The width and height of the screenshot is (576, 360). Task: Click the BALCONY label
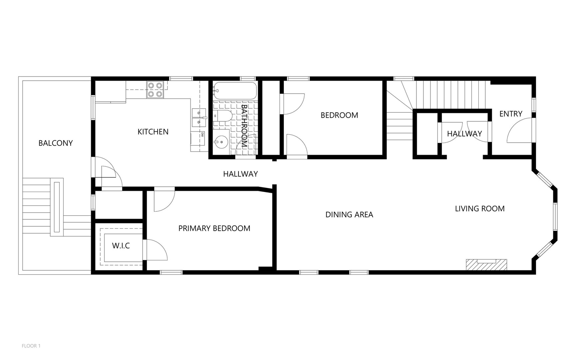(x=56, y=143)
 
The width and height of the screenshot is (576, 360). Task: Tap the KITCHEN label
(x=153, y=132)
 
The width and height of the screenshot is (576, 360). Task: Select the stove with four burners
(x=155, y=90)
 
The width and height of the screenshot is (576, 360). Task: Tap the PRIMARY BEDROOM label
(x=214, y=228)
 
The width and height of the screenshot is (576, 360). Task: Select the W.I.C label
(x=121, y=246)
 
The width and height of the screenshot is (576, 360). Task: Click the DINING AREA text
(x=349, y=215)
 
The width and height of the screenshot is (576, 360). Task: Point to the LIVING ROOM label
(x=480, y=209)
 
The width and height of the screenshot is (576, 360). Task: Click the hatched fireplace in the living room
(x=486, y=265)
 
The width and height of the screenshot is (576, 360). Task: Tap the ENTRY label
(x=511, y=114)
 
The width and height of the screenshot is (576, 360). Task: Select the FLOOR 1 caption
(x=31, y=346)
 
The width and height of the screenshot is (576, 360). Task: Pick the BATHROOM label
(x=244, y=126)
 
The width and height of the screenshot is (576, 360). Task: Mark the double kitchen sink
(x=199, y=118)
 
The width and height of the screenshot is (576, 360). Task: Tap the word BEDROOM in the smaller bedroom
(x=339, y=115)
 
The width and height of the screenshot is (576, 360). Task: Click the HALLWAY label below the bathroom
(x=241, y=174)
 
